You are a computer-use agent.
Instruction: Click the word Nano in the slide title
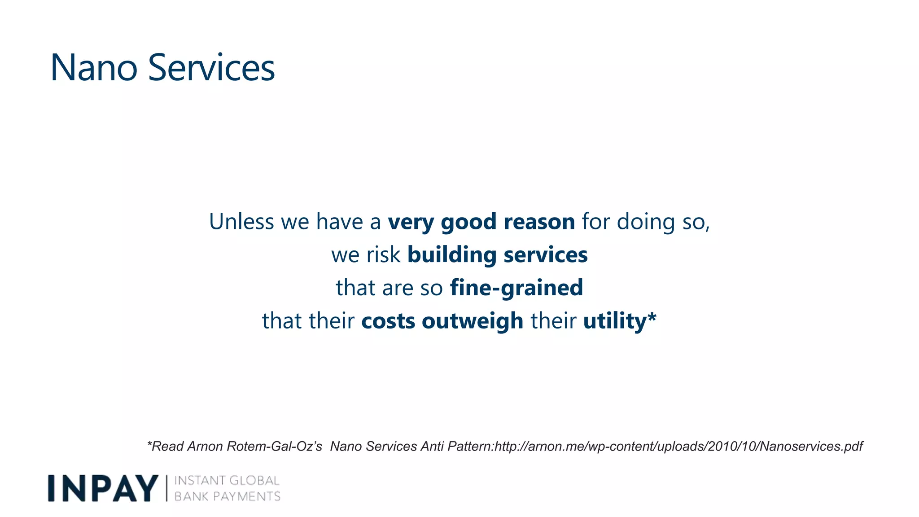click(94, 68)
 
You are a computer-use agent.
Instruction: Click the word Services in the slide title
click(211, 68)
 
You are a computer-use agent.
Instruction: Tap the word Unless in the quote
click(241, 222)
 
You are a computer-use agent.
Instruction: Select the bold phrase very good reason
click(481, 222)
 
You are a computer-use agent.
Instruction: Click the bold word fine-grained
click(516, 288)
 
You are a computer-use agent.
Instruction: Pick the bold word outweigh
click(473, 321)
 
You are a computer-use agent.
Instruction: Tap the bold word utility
click(614, 321)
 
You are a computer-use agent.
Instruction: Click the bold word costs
click(388, 321)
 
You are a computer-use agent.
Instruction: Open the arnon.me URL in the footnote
click(678, 447)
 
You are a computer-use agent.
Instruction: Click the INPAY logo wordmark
click(103, 488)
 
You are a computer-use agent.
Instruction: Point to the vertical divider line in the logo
click(167, 488)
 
